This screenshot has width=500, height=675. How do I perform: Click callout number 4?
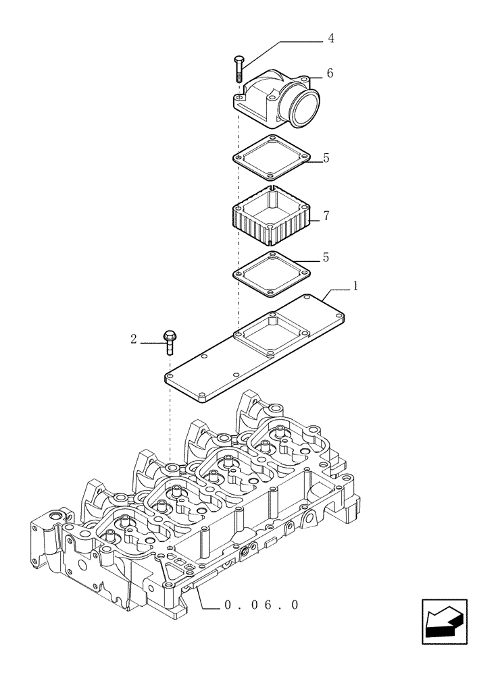(330, 38)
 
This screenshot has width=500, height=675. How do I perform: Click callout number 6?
(330, 73)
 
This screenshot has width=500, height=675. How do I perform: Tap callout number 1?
(355, 286)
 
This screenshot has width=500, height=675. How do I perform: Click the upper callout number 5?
(326, 159)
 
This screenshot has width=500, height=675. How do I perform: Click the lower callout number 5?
(326, 257)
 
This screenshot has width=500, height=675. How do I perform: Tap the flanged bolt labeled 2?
(169, 341)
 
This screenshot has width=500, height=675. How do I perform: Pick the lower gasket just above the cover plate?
(270, 273)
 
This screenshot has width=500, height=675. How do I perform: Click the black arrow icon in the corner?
(444, 620)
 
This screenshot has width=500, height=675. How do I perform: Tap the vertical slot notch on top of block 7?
(270, 186)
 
